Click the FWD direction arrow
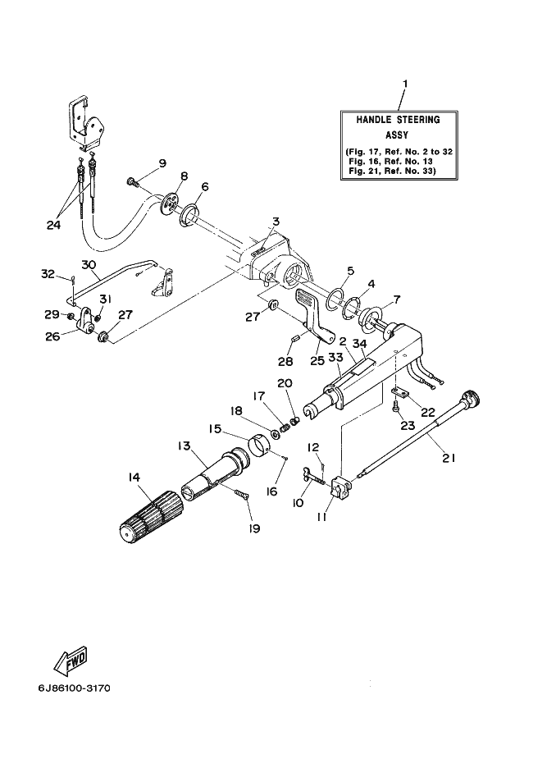[x=71, y=661]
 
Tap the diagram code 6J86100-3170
[x=75, y=688]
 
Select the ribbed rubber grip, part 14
[x=150, y=517]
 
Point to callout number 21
[x=449, y=458]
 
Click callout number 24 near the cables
[x=53, y=225]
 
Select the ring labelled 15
[x=261, y=446]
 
